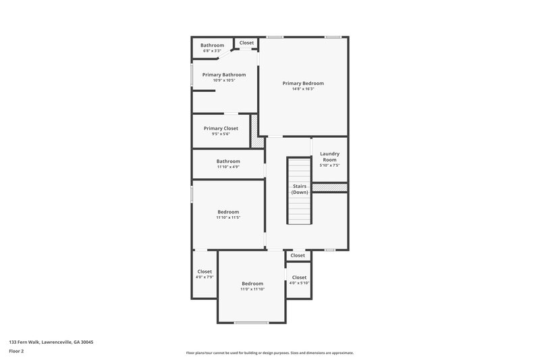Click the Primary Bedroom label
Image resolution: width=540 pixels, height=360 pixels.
pos(303,83)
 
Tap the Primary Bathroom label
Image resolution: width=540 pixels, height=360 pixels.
pos(220,74)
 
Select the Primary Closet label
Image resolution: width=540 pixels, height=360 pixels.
pos(221,128)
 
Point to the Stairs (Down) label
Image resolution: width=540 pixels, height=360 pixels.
pos(300,188)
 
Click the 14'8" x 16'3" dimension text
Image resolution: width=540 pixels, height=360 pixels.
pos(303,89)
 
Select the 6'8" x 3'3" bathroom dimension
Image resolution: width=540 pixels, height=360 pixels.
pos(212,51)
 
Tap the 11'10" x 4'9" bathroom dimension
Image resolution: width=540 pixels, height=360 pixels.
pos(228,167)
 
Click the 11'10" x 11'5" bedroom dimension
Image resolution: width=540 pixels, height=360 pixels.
pos(228,217)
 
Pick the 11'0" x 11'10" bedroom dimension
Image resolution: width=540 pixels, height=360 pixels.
pos(252,289)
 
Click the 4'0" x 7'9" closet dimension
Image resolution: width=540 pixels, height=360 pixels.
pos(204,277)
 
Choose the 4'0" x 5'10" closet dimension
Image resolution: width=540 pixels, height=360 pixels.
pos(299,283)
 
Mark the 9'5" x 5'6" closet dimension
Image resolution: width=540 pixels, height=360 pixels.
pos(221,134)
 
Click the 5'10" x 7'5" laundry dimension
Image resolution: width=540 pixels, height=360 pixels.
pos(329,165)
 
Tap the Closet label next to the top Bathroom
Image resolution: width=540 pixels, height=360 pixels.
pos(246,43)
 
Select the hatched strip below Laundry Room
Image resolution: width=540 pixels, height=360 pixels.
pos(329,187)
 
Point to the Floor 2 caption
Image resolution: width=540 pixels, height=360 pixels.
pos(17,351)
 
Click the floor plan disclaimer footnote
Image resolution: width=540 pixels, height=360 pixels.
pos(269,353)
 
